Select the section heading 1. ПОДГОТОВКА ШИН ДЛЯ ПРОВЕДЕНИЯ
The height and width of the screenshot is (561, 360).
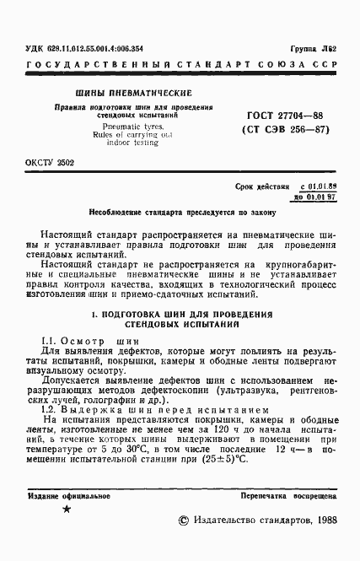click(x=180, y=314)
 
